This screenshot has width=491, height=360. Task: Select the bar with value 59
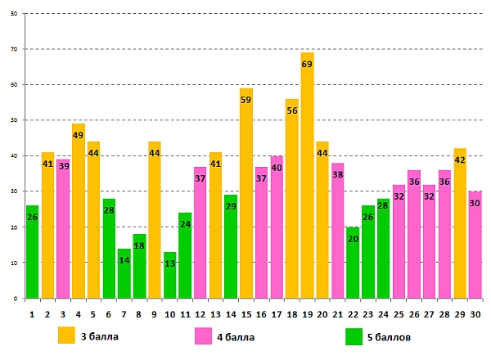pyautogui.click(x=245, y=196)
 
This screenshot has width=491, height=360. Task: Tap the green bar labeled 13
pyautogui.click(x=169, y=278)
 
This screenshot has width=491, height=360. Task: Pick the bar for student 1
pyautogui.click(x=32, y=254)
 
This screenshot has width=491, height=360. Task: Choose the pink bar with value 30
pyautogui.click(x=475, y=245)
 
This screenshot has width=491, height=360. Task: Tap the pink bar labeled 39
pyautogui.click(x=63, y=229)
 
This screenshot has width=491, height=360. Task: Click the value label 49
pyautogui.click(x=79, y=136)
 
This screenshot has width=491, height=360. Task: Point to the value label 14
pyautogui.click(x=124, y=260)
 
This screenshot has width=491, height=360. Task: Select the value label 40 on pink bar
pyautogui.click(x=277, y=168)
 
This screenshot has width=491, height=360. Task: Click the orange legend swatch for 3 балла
pyautogui.click(x=65, y=335)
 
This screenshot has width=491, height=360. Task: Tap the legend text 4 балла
pyautogui.click(x=234, y=335)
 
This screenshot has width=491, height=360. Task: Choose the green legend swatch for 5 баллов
pyautogui.click(x=354, y=335)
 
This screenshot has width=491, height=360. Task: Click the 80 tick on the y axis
pyautogui.click(x=13, y=14)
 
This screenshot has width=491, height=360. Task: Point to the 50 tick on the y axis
pyautogui.click(x=13, y=120)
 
